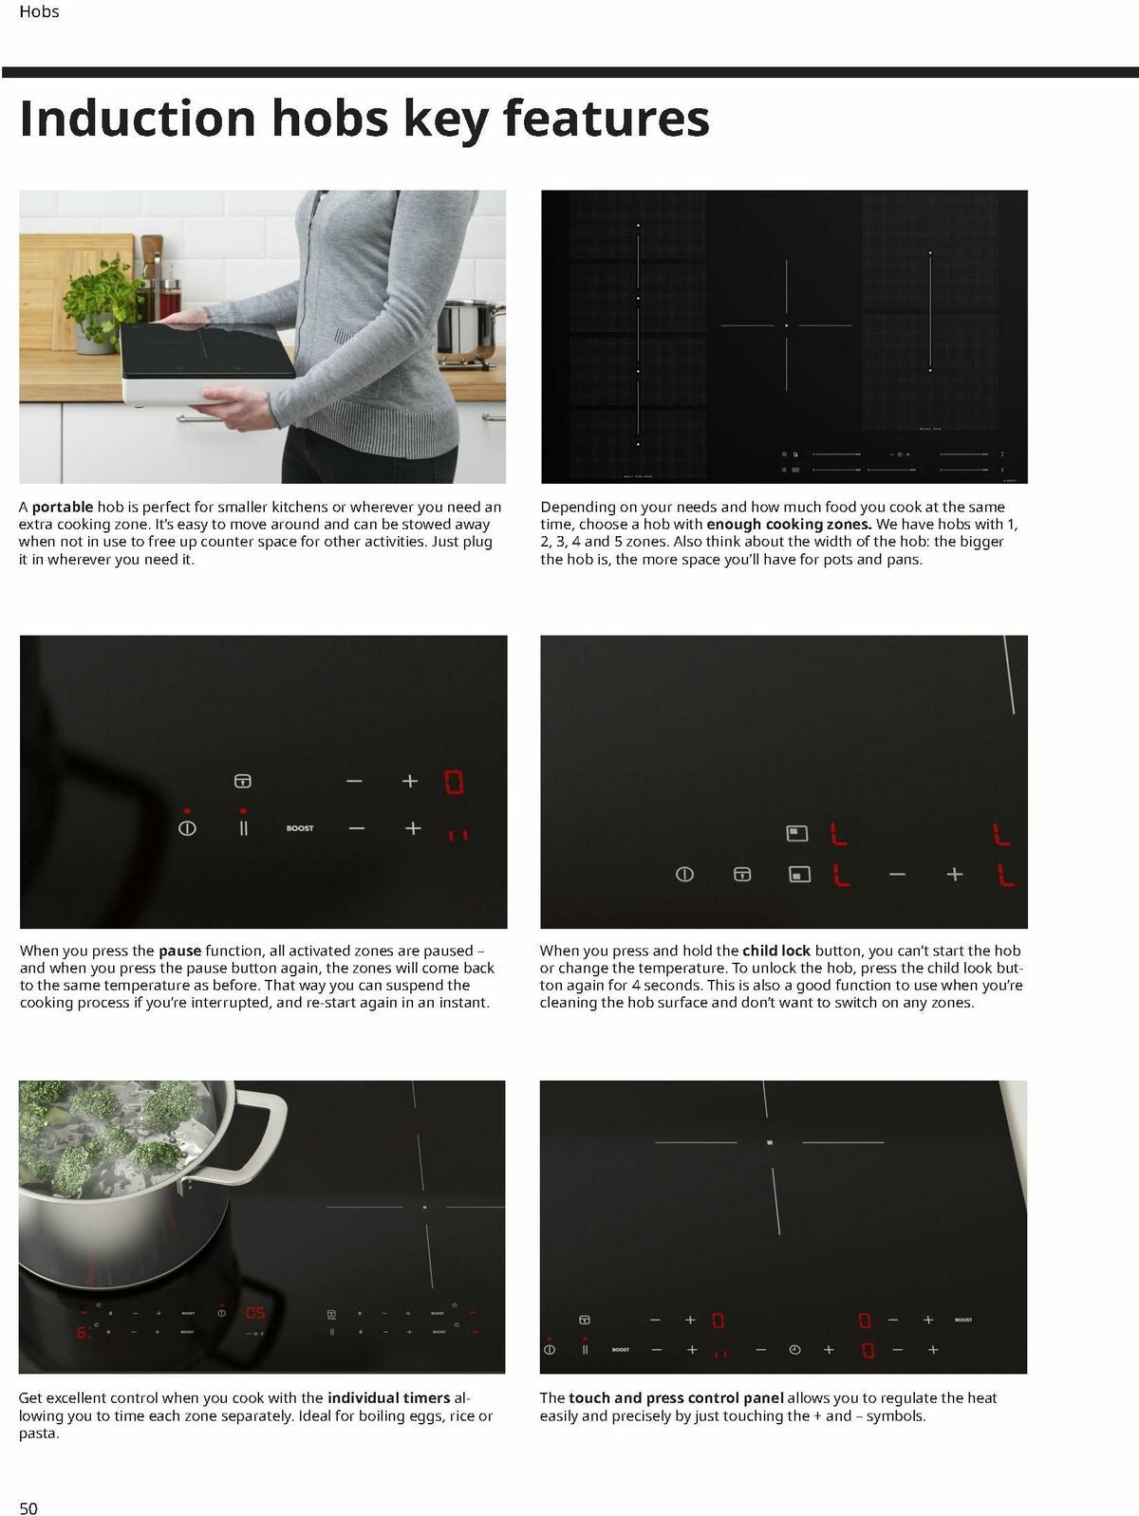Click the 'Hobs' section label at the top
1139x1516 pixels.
pos(39,11)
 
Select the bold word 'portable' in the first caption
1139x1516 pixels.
pos(62,507)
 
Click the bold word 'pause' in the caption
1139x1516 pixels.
pos(179,951)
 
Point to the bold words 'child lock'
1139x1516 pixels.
pos(776,951)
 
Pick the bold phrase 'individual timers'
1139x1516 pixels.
pos(389,1398)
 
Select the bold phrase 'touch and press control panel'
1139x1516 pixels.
pos(676,1398)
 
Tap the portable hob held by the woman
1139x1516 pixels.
pos(207,362)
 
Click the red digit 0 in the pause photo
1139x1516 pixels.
pos(454,783)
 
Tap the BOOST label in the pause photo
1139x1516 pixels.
pos(300,828)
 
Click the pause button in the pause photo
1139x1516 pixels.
pos(243,828)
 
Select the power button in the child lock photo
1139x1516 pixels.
pos(684,875)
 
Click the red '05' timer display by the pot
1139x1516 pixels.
pos(255,1312)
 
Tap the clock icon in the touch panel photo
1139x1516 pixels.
pos(795,1350)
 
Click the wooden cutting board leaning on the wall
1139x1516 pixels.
pos(76,290)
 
